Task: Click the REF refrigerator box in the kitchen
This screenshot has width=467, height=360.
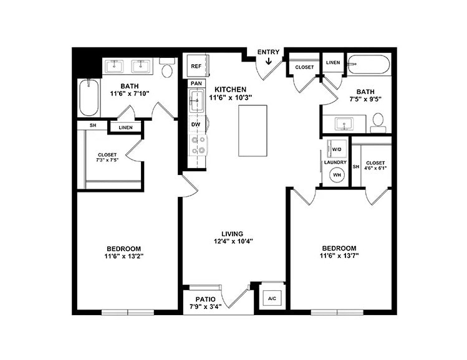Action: tap(196, 66)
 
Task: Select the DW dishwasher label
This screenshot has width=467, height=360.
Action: tap(195, 124)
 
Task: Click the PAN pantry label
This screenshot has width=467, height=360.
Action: tap(196, 83)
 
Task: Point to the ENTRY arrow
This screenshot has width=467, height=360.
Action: tap(268, 61)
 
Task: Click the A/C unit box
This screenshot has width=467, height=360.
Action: tap(272, 298)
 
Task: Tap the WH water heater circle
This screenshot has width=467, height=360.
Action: tap(337, 175)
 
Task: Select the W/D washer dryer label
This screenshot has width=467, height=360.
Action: tap(337, 149)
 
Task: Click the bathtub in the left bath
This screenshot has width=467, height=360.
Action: tap(89, 98)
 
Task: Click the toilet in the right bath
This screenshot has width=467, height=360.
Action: tap(378, 121)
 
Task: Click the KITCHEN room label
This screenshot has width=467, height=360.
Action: tap(231, 89)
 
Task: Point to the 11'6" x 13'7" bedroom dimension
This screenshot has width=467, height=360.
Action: tap(339, 255)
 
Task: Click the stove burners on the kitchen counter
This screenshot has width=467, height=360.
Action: tap(198, 146)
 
